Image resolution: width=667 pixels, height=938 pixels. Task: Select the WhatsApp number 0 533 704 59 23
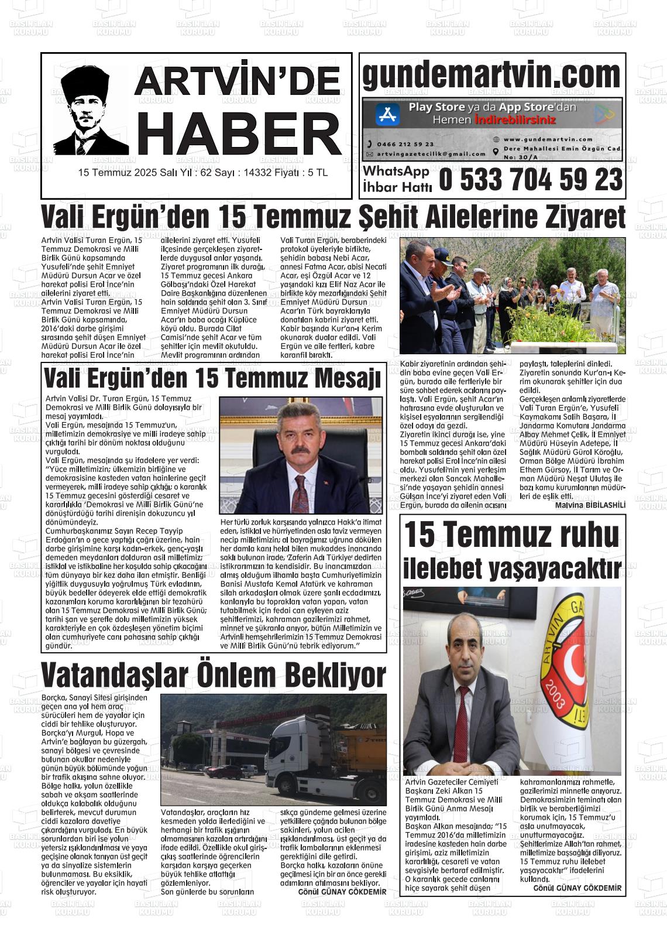530,180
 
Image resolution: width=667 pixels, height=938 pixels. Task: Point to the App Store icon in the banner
387,113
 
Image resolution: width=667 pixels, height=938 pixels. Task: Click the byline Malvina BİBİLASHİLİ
590,505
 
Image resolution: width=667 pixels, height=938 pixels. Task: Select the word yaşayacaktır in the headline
556,567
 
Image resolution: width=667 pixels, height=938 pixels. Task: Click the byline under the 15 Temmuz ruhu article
577,888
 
